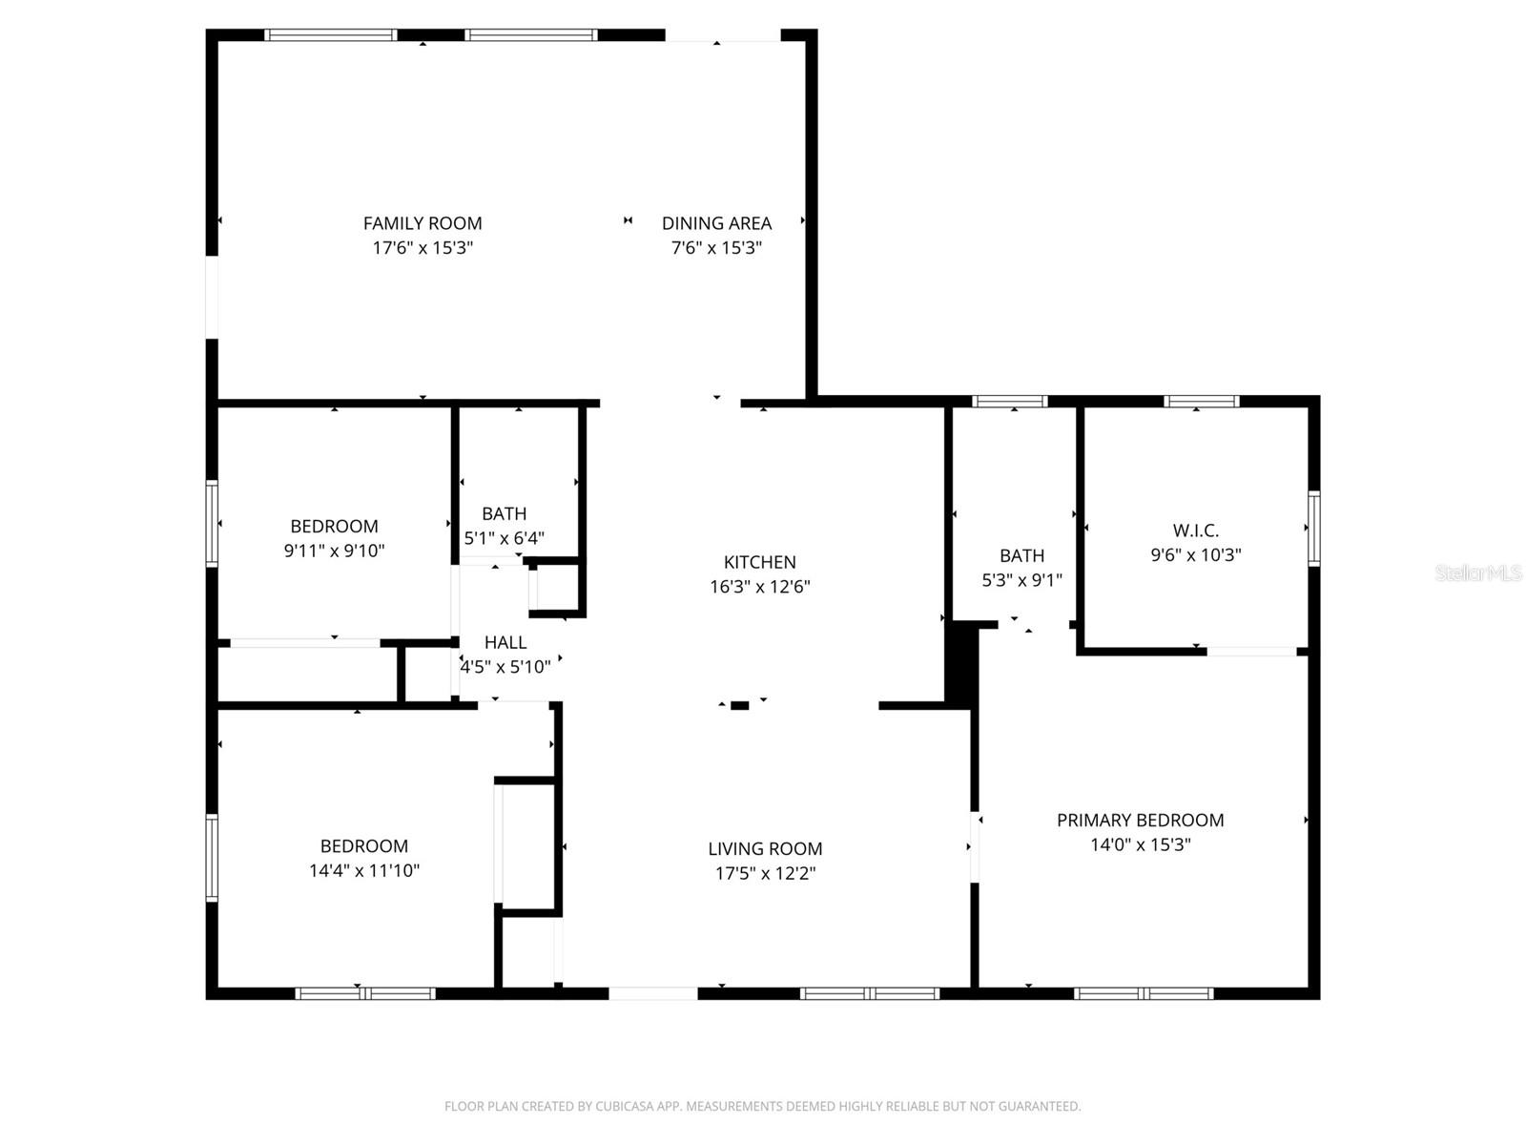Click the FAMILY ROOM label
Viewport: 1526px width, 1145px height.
pyautogui.click(x=423, y=223)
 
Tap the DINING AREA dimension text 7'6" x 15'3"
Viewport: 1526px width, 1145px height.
pyautogui.click(x=716, y=248)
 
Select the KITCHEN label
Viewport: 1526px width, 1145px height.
pyautogui.click(x=759, y=562)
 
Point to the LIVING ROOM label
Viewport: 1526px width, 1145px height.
pyautogui.click(x=765, y=848)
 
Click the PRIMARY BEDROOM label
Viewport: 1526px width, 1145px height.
pyautogui.click(x=1140, y=820)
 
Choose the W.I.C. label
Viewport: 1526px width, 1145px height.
pyautogui.click(x=1195, y=531)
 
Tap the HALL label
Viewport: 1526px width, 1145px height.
pyautogui.click(x=505, y=642)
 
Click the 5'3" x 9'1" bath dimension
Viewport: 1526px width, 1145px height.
pyautogui.click(x=1021, y=579)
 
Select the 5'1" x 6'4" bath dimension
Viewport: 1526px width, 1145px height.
pyautogui.click(x=504, y=538)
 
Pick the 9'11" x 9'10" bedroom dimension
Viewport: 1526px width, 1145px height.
pyautogui.click(x=334, y=551)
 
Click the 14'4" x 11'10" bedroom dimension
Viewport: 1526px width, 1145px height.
pyautogui.click(x=364, y=870)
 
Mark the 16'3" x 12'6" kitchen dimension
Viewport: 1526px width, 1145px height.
pyautogui.click(x=759, y=587)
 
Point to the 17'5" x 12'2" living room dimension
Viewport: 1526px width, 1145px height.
pyautogui.click(x=765, y=873)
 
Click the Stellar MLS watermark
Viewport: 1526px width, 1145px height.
pyautogui.click(x=1477, y=573)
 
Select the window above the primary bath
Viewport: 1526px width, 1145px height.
pyautogui.click(x=1010, y=402)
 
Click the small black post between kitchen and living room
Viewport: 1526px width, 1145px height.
pyautogui.click(x=739, y=705)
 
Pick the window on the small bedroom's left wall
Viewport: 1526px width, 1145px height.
pyautogui.click(x=212, y=524)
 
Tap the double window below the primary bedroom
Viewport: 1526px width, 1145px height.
pyautogui.click(x=1144, y=993)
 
